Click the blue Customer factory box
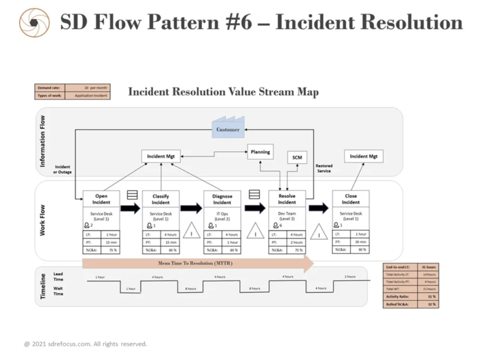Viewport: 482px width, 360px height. (228, 128)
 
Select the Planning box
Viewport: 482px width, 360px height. (260, 152)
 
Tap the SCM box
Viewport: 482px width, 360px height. (297, 158)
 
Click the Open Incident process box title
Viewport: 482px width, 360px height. (101, 199)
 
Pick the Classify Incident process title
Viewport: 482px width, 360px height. (161, 199)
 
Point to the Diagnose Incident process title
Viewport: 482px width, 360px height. (222, 199)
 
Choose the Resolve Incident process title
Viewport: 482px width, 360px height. (287, 199)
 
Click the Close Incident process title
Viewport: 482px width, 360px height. (351, 199)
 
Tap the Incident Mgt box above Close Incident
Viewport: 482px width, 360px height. (364, 156)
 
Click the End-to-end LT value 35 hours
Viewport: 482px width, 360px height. (430, 267)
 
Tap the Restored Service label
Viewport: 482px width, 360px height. (324, 168)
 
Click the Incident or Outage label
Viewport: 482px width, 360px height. (62, 169)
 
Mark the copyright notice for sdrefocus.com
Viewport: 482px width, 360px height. (86, 344)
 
